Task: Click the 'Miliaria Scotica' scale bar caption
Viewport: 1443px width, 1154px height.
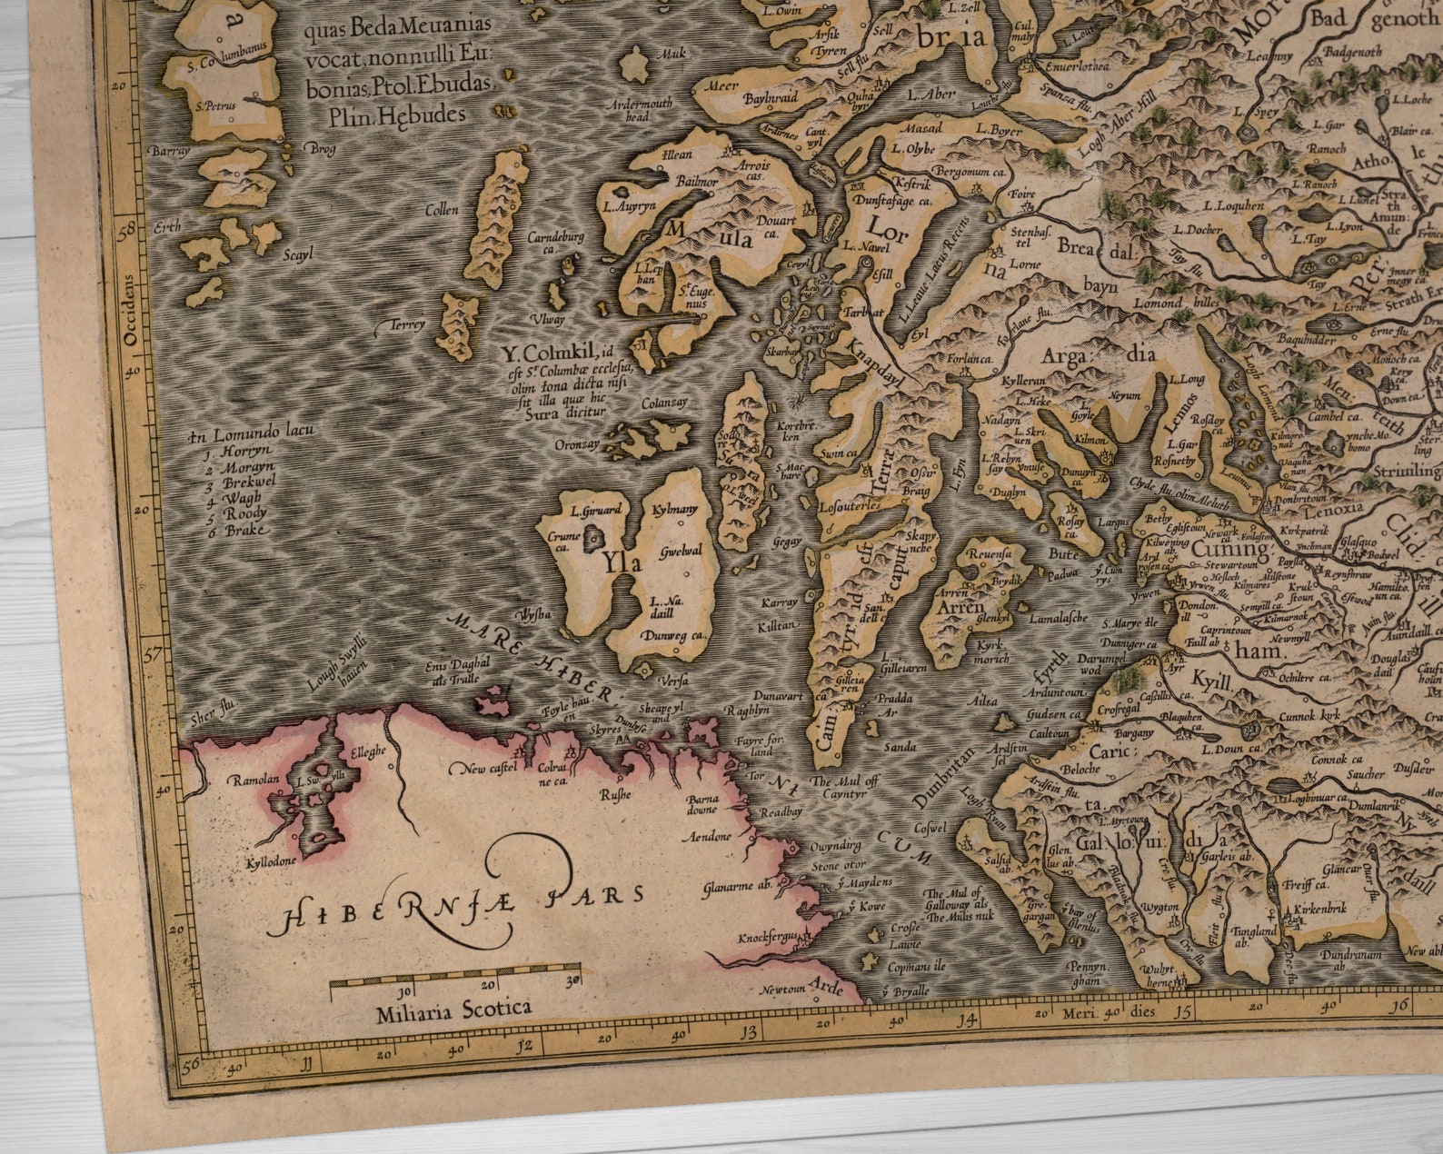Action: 453,1010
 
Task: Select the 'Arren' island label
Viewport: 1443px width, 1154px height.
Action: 960,606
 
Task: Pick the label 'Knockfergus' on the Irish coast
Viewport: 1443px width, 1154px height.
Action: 769,937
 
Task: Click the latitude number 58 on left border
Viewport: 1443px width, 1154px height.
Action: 126,229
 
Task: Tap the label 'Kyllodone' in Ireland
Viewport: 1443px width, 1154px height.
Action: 272,861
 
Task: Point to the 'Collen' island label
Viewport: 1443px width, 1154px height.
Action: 442,210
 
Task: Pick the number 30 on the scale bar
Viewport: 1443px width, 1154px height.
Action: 573,982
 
